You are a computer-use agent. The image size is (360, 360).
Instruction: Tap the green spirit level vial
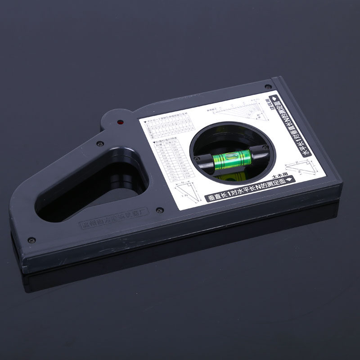[231, 160]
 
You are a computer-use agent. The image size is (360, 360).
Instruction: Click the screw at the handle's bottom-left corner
[31, 240]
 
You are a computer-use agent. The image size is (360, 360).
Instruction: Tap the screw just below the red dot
[100, 144]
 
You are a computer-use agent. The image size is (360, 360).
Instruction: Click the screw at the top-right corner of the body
[268, 86]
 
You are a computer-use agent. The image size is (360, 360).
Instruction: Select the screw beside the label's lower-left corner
[159, 210]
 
